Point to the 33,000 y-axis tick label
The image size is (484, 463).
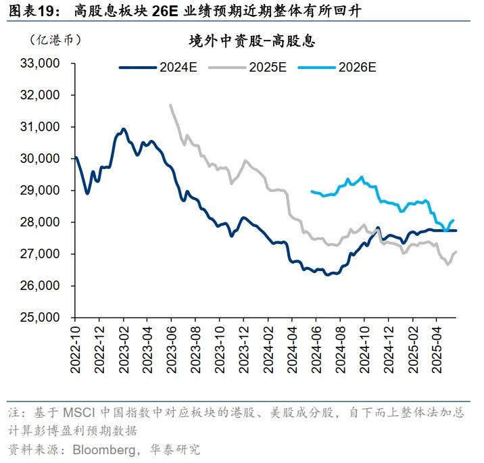(x=43, y=64)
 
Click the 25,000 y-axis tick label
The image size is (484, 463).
(x=43, y=318)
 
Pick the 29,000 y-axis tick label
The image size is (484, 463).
(x=43, y=191)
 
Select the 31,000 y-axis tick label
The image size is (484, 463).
(x=43, y=127)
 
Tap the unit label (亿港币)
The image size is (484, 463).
(x=55, y=39)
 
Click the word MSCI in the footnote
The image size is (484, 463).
(x=80, y=412)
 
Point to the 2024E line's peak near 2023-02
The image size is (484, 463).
(x=123, y=128)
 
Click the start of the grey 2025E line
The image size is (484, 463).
(x=170, y=105)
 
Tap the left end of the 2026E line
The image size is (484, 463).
(x=311, y=191)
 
